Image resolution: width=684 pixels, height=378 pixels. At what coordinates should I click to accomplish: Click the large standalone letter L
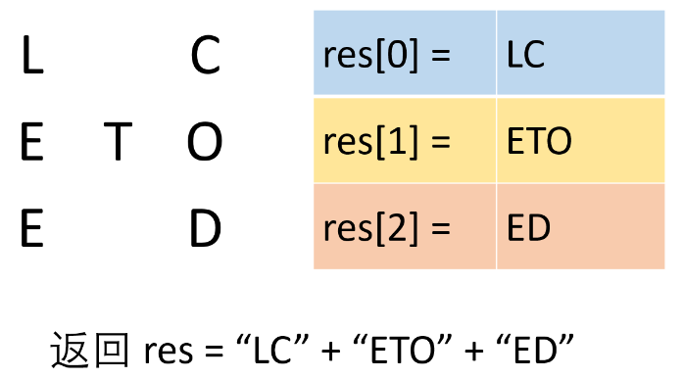(32, 58)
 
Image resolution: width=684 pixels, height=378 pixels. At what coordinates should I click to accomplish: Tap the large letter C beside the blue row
(205, 58)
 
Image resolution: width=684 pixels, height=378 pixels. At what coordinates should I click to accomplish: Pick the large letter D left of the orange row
(205, 230)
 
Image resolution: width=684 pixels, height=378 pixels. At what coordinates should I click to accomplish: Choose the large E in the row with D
(32, 230)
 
